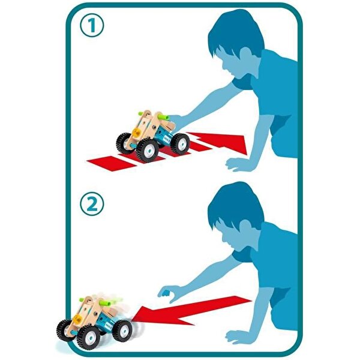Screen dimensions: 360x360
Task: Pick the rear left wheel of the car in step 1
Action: [123, 143]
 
